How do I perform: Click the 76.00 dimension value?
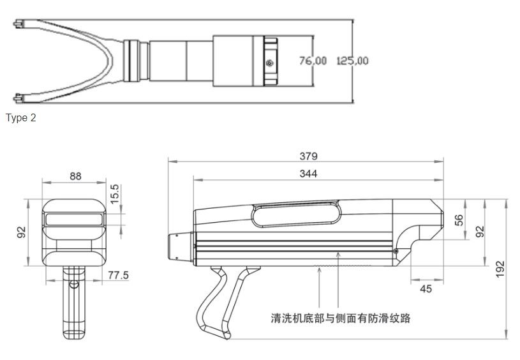[x=313, y=61]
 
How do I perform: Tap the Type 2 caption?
[x=20, y=118]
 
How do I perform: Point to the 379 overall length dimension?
[x=309, y=156]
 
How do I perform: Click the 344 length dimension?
[x=308, y=174]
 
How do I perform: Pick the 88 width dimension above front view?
[x=75, y=176]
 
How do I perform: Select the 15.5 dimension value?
[x=115, y=193]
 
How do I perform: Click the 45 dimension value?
[x=426, y=289]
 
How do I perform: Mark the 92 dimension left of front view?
[x=21, y=232]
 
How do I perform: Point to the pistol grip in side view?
[x=217, y=300]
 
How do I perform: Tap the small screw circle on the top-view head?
[x=271, y=63]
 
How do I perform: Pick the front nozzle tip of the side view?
[x=175, y=246]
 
